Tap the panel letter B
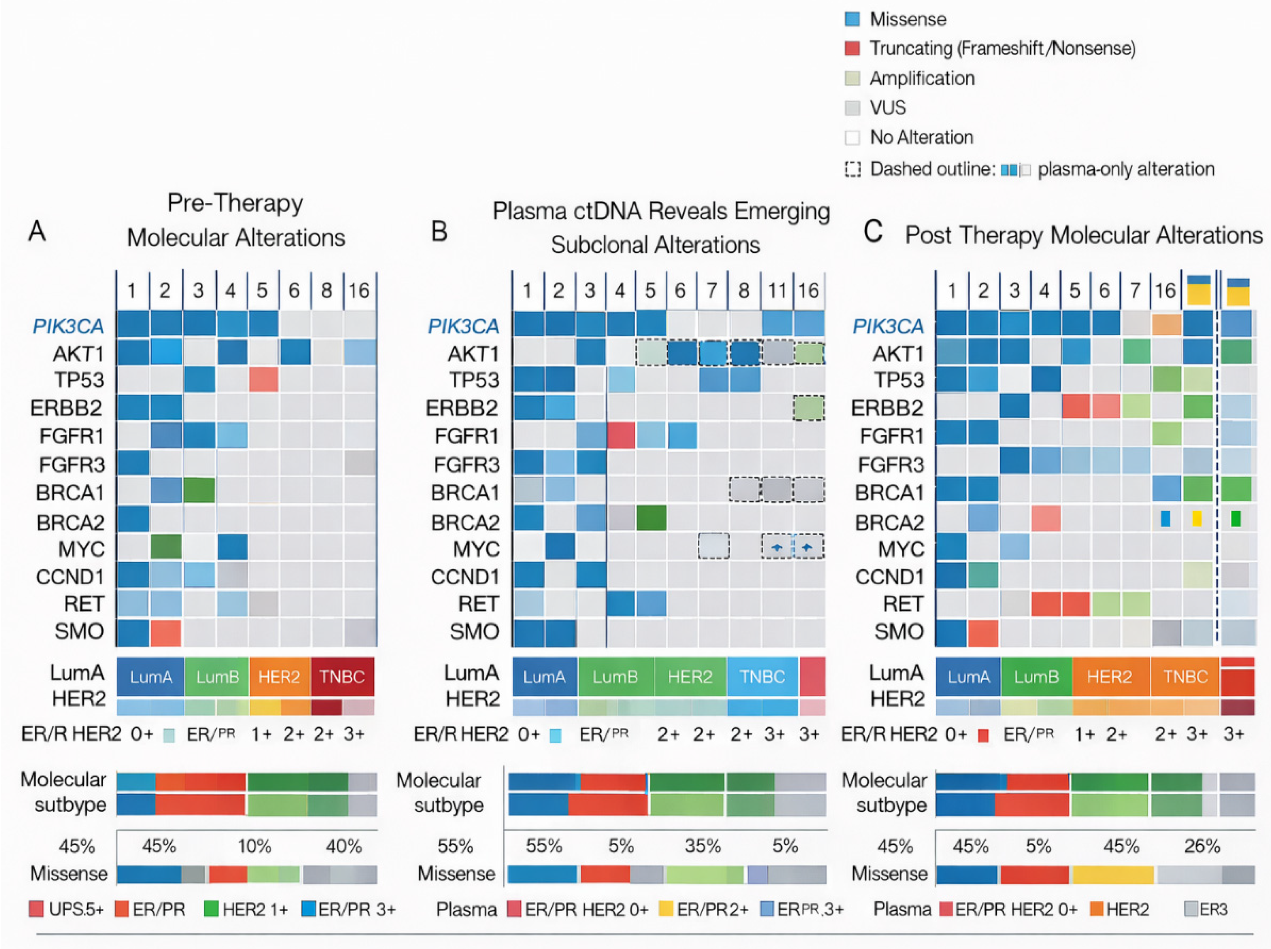[439, 232]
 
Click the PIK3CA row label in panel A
[68, 326]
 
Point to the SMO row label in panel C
[899, 631]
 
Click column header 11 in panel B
[777, 290]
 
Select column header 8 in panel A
[326, 290]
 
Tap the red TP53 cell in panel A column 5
[263, 380]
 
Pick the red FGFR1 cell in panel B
[621, 435]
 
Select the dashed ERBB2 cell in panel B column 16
[808, 408]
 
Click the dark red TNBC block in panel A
[342, 677]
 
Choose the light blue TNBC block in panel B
[762, 677]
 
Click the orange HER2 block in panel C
[1110, 677]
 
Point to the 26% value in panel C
[1201, 846]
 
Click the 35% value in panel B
[702, 846]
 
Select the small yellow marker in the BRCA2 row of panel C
[1196, 518]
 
